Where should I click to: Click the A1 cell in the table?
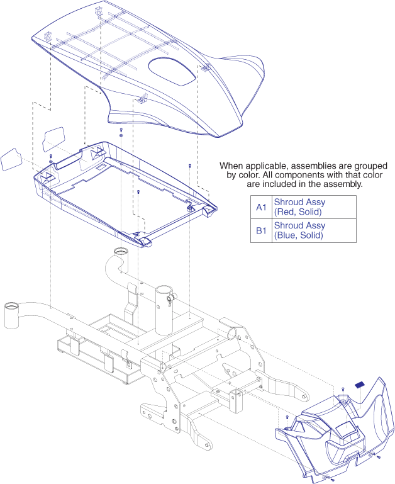[261, 207]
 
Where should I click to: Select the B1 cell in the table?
[261, 230]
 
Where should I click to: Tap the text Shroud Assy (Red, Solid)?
[299, 207]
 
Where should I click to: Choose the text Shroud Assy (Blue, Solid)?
[299, 230]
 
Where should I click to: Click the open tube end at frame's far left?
[13, 307]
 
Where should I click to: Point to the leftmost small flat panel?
[11, 160]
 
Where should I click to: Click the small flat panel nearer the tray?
[55, 137]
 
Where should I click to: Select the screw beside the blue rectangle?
[343, 390]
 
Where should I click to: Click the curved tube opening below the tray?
[121, 253]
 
